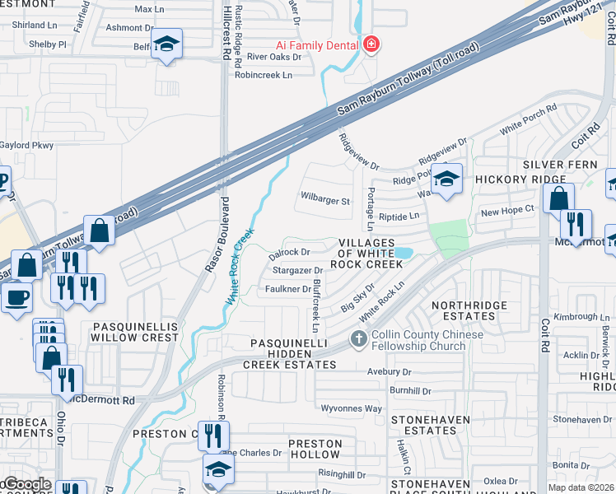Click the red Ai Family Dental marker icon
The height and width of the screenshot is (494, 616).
pyautogui.click(x=371, y=44)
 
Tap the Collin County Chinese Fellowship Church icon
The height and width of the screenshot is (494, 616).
pyautogui.click(x=357, y=338)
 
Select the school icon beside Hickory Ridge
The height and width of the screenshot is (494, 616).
pyautogui.click(x=446, y=179)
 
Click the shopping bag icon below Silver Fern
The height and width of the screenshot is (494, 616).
pyautogui.click(x=558, y=198)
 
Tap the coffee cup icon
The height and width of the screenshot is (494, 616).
pyautogui.click(x=16, y=297)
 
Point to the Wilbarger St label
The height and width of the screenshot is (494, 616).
pyautogui.click(x=325, y=200)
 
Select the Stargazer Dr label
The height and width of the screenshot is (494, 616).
pyautogui.click(x=297, y=270)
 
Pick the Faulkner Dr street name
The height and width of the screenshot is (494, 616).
pyautogui.click(x=287, y=289)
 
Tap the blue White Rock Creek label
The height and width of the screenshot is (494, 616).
pyautogui.click(x=239, y=271)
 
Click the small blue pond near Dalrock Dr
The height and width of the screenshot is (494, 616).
pyautogui.click(x=402, y=253)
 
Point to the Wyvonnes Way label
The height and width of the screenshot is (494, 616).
pyautogui.click(x=351, y=408)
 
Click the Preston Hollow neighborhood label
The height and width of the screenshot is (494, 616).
pyautogui.click(x=315, y=449)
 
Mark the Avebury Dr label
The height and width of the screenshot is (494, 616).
pyautogui.click(x=389, y=371)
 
